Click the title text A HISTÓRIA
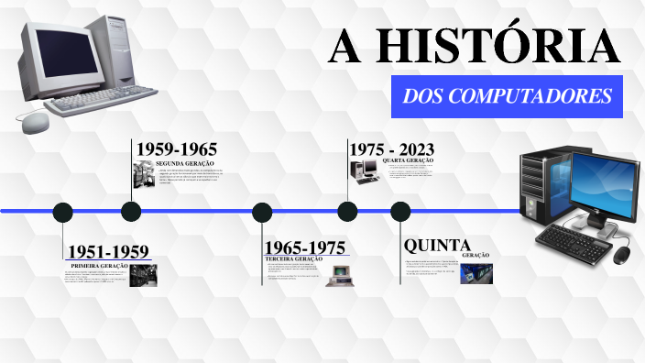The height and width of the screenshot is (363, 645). (x=474, y=47)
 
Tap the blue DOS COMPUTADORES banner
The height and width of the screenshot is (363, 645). (x=507, y=95)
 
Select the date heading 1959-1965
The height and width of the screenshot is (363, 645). (x=176, y=149)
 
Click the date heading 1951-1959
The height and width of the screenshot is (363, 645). (x=107, y=251)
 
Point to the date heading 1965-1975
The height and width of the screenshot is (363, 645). (x=304, y=247)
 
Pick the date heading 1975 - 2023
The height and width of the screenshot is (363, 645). (x=391, y=149)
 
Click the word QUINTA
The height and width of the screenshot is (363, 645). (x=437, y=246)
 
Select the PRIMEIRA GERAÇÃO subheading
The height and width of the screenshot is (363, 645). (x=99, y=265)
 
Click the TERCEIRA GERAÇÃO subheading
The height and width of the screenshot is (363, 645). (x=293, y=259)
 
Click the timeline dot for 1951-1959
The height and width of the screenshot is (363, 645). (x=62, y=212)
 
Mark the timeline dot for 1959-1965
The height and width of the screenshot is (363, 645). (x=131, y=212)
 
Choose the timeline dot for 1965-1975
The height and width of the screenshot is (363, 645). (x=262, y=212)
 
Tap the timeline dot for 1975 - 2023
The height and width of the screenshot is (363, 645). (x=347, y=212)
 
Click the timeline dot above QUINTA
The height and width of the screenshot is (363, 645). (x=400, y=212)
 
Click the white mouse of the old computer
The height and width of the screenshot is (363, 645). (x=34, y=122)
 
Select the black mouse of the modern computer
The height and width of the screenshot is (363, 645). (x=622, y=254)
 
